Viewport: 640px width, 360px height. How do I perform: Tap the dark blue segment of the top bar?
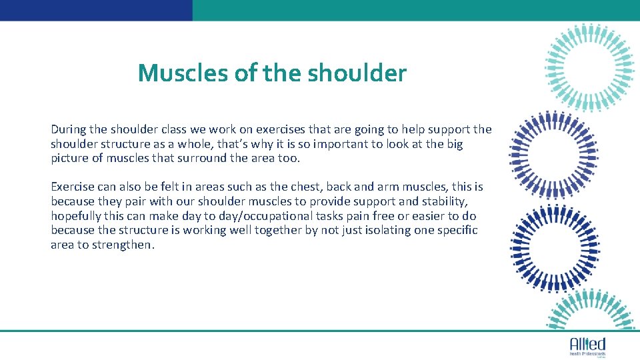point(96,10)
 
